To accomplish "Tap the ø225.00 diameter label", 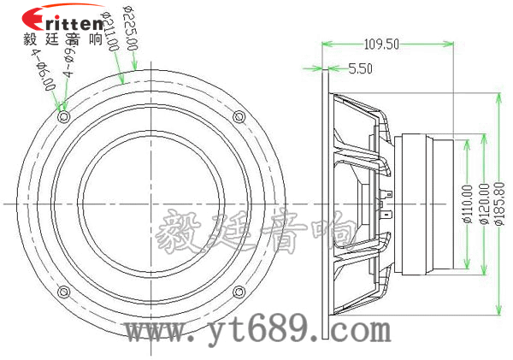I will pyautogui.click(x=126, y=32).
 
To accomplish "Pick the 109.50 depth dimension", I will pyautogui.click(x=381, y=44).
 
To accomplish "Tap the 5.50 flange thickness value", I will pyautogui.click(x=360, y=70).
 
